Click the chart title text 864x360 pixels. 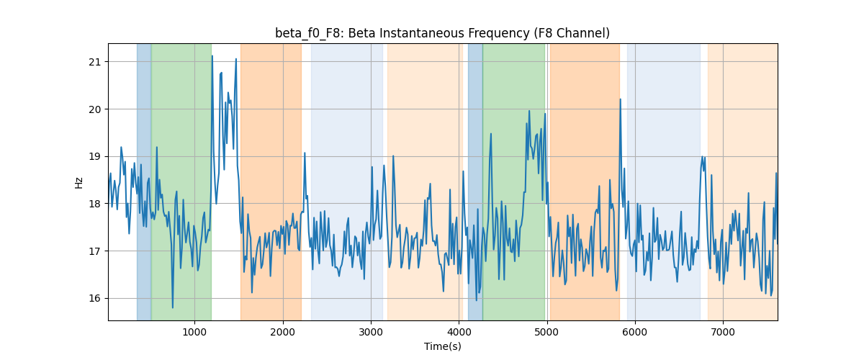tap(442, 33)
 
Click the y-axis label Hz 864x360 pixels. tap(78, 182)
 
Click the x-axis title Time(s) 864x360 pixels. tap(442, 346)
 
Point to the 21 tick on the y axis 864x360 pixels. tap(94, 62)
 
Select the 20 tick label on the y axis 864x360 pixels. tap(94, 109)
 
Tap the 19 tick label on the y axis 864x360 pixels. tap(94, 157)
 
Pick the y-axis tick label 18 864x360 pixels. tap(94, 204)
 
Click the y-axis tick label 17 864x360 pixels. tap(94, 251)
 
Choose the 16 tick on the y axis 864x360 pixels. tap(94, 298)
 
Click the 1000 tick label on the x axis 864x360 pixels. tap(195, 332)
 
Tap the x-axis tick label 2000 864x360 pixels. tap(283, 332)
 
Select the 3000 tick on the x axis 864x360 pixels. tap(371, 332)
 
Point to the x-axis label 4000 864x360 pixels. tap(459, 332)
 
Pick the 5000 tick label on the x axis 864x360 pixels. tap(547, 332)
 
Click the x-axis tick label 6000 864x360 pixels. tap(635, 332)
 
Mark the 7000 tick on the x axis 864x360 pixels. tap(723, 332)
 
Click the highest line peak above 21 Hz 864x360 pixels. tap(212, 56)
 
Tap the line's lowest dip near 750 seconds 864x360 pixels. tap(172, 307)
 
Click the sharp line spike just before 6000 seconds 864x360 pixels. tap(620, 99)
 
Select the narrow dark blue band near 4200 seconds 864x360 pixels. tap(475, 181)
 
